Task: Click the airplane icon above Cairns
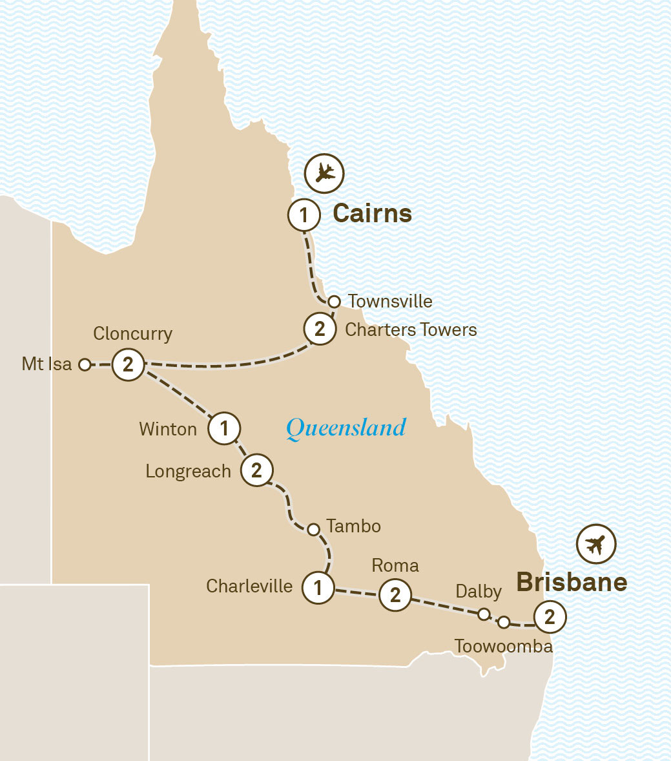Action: [x=325, y=173]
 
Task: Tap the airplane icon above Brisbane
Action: [x=596, y=545]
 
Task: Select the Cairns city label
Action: [x=372, y=214]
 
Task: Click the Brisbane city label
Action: [x=572, y=582]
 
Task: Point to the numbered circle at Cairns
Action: [x=304, y=214]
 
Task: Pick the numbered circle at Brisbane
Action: [x=549, y=617]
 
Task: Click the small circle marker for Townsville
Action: [x=334, y=301]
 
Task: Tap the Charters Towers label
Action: [x=411, y=329]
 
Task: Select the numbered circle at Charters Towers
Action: [x=320, y=329]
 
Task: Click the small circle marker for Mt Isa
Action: [x=84, y=364]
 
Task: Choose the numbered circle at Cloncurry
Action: [x=128, y=364]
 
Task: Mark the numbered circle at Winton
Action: [x=224, y=428]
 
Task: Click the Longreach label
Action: [x=188, y=472]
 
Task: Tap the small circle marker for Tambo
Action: [x=313, y=530]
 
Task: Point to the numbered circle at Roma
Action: [x=395, y=594]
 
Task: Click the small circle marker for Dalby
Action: [x=484, y=614]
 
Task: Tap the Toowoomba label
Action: [x=504, y=646]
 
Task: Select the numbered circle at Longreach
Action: [x=256, y=470]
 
